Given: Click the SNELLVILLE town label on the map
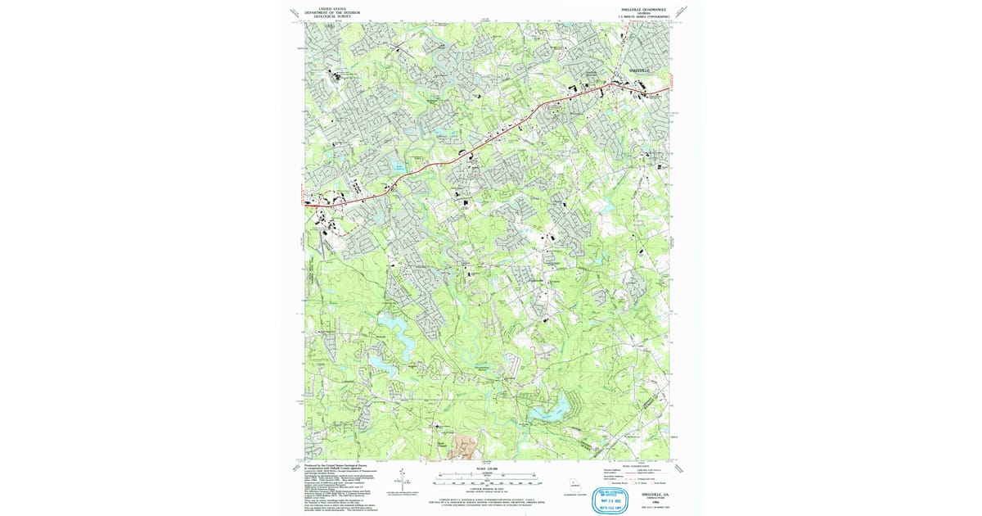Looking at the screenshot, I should tap(637, 71).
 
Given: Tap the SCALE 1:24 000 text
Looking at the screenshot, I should tap(486, 469).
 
